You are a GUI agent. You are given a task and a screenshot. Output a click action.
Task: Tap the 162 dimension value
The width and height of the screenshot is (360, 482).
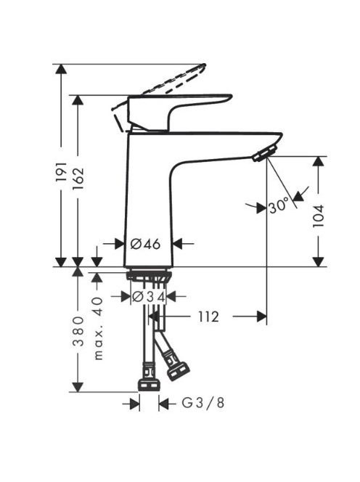coord(78,179)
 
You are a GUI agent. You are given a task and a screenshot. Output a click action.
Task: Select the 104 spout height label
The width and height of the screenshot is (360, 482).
coord(319,216)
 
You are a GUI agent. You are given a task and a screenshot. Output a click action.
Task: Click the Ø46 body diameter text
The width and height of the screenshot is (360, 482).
coord(145,245)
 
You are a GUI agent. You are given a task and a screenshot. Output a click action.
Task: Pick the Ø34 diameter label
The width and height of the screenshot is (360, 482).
coord(149,297)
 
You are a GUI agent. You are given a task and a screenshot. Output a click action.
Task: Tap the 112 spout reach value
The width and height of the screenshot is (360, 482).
coord(208,316)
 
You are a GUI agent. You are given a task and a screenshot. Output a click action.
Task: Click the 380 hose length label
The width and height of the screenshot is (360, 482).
coord(78,331)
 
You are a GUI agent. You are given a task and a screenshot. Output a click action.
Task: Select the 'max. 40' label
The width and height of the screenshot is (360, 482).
coord(98,328)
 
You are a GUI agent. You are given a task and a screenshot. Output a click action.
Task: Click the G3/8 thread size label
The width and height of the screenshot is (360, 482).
coord(203,402)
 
